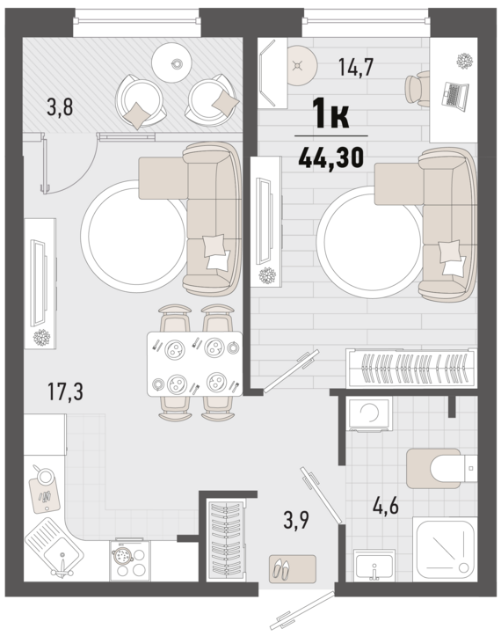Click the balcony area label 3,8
pyautogui.click(x=60, y=107)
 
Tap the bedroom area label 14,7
pyautogui.click(x=356, y=67)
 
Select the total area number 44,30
pyautogui.click(x=330, y=157)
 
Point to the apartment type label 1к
pyautogui.click(x=330, y=114)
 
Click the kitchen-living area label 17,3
pyautogui.click(x=65, y=391)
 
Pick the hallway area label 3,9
pyautogui.click(x=296, y=520)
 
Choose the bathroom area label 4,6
pyautogui.click(x=386, y=507)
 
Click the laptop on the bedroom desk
pyautogui.click(x=454, y=95)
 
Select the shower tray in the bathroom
pyautogui.click(x=445, y=550)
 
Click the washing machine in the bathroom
pyautogui.click(x=369, y=413)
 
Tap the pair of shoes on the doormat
pyautogui.click(x=280, y=567)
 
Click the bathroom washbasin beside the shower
pyautogui.click(x=374, y=566)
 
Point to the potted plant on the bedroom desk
pyautogui.click(x=464, y=61)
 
